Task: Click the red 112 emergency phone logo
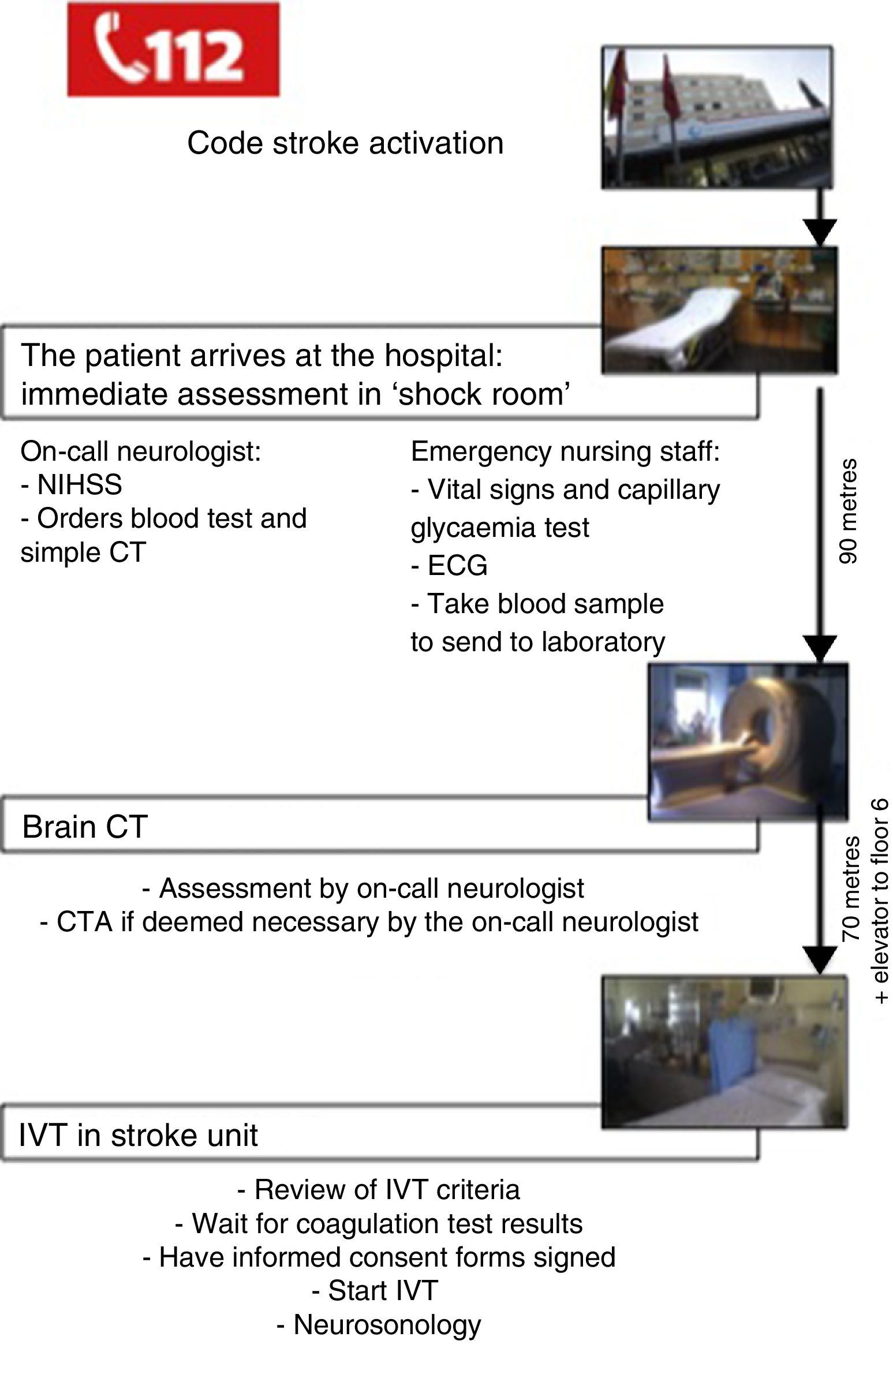173,49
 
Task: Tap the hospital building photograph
717,117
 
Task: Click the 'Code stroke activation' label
345,143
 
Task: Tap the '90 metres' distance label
847,510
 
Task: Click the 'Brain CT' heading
85,827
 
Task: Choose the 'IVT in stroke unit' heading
139,1134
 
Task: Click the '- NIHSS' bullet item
72,484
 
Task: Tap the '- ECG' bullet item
449,565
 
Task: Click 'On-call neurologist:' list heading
141,451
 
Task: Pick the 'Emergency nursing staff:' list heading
565,451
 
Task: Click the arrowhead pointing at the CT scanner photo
820,649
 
